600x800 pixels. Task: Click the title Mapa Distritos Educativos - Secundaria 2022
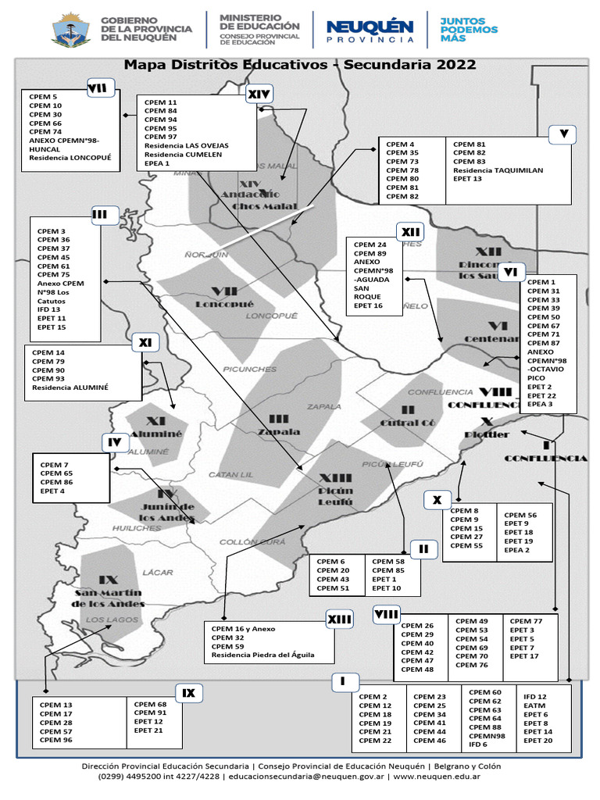[300, 65]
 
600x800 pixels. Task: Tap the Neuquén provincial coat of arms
[70, 30]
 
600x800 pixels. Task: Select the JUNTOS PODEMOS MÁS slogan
[469, 30]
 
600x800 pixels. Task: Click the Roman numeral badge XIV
[259, 95]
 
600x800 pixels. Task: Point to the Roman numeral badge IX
[188, 692]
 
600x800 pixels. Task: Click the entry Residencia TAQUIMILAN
[498, 170]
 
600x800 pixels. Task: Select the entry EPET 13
[467, 179]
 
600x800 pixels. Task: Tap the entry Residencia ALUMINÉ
[70, 387]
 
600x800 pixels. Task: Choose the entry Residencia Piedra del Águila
[262, 655]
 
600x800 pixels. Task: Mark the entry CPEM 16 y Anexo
[244, 629]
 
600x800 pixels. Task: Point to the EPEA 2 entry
[517, 550]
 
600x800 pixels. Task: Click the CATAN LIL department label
[230, 475]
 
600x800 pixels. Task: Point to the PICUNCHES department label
[250, 370]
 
